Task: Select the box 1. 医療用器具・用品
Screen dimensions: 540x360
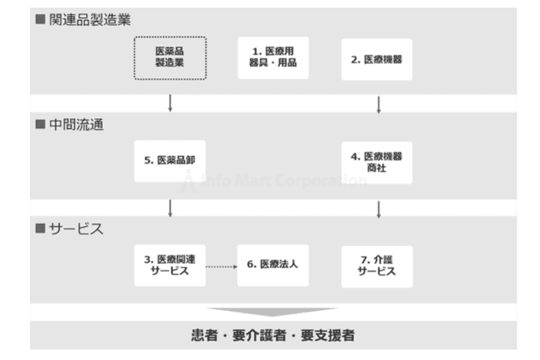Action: click(273, 58)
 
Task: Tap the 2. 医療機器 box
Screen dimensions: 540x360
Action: click(377, 59)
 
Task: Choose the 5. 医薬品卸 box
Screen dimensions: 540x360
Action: click(170, 161)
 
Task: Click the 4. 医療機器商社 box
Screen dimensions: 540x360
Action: click(377, 163)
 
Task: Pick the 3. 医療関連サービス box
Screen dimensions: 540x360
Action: click(170, 266)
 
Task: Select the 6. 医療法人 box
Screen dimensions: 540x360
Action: click(273, 266)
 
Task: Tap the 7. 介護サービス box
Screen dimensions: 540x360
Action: click(377, 266)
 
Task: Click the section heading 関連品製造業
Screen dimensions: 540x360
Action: click(90, 19)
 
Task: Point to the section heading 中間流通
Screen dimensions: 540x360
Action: click(76, 125)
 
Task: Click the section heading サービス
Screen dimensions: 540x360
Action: click(76, 228)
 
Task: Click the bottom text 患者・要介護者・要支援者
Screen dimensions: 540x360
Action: click(273, 336)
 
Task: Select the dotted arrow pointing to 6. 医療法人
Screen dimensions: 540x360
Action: click(221, 266)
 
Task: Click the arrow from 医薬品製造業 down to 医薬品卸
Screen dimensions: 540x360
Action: click(170, 103)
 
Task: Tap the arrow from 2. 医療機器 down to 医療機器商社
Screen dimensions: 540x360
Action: click(379, 105)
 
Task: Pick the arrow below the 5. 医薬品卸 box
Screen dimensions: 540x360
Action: click(170, 208)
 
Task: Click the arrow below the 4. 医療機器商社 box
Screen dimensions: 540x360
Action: click(379, 210)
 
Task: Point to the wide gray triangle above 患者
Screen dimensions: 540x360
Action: click(272, 312)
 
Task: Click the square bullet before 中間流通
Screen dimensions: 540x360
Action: click(40, 124)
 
